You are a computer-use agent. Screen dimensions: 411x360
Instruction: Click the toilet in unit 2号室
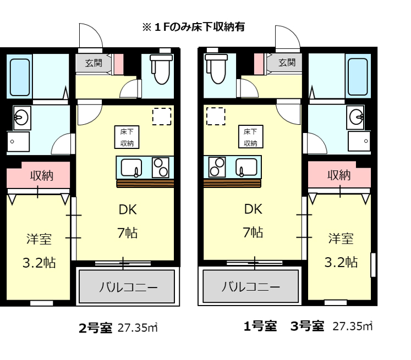(x=161, y=69)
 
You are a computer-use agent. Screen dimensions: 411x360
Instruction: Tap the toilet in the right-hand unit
(x=216, y=69)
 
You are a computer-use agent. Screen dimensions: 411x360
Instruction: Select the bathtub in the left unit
(x=20, y=77)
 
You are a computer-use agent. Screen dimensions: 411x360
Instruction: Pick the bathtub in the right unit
(x=358, y=76)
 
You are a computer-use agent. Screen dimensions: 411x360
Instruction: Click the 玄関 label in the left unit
(x=94, y=63)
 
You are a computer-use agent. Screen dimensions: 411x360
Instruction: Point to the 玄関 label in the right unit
(x=287, y=63)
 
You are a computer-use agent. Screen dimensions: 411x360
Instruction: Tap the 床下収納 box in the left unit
(x=127, y=137)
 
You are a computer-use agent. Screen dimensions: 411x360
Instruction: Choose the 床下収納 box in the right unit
(x=250, y=137)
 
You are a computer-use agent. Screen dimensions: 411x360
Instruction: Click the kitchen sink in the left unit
(x=131, y=168)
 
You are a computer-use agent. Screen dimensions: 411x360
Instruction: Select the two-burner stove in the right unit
(x=217, y=167)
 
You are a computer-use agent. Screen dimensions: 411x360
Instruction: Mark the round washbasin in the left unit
(x=21, y=118)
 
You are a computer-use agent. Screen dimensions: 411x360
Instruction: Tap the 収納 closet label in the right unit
(x=339, y=175)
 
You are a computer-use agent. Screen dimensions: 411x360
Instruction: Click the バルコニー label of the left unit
(x=128, y=287)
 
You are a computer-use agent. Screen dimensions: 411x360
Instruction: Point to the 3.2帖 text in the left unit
(x=39, y=263)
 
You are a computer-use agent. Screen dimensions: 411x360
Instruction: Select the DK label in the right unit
(x=253, y=209)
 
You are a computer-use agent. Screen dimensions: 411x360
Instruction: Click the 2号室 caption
(x=95, y=328)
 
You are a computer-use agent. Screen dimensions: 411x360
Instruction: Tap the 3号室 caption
(x=307, y=326)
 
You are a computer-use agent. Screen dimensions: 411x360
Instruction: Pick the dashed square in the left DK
(x=162, y=117)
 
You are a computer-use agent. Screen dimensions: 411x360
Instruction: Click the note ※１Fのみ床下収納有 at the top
(x=194, y=27)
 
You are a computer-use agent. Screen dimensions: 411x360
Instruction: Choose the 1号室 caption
(x=260, y=326)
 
